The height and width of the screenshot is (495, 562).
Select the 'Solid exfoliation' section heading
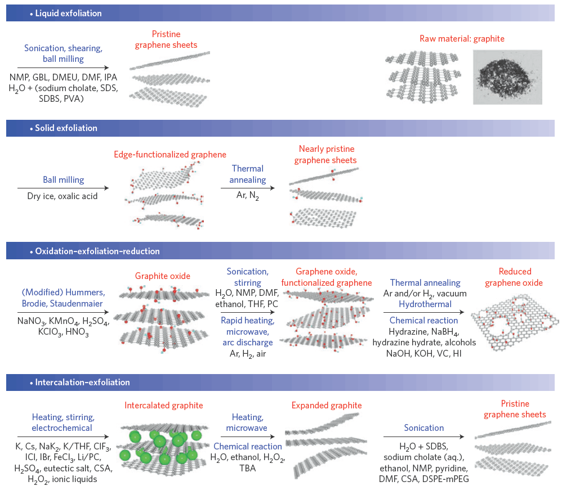click(x=66, y=128)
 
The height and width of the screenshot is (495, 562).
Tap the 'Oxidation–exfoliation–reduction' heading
click(x=97, y=251)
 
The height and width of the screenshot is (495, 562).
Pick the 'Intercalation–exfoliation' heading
click(x=82, y=382)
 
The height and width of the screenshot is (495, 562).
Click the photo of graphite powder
click(x=507, y=76)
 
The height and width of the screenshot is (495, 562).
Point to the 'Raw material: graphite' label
click(x=462, y=39)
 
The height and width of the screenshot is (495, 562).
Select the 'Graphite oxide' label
click(x=163, y=276)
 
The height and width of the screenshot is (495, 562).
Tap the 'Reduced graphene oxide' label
click(x=514, y=277)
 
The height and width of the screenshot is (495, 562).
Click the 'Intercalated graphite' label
click(x=164, y=405)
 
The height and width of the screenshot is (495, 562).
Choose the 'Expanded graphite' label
click(x=327, y=405)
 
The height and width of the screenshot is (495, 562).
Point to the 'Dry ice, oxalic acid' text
click(x=63, y=196)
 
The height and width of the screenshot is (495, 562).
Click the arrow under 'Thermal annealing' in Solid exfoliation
click(x=248, y=187)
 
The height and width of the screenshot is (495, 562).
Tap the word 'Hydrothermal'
click(x=425, y=304)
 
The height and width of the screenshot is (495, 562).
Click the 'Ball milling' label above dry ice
click(x=64, y=180)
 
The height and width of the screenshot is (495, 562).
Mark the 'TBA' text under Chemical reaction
click(x=248, y=467)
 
